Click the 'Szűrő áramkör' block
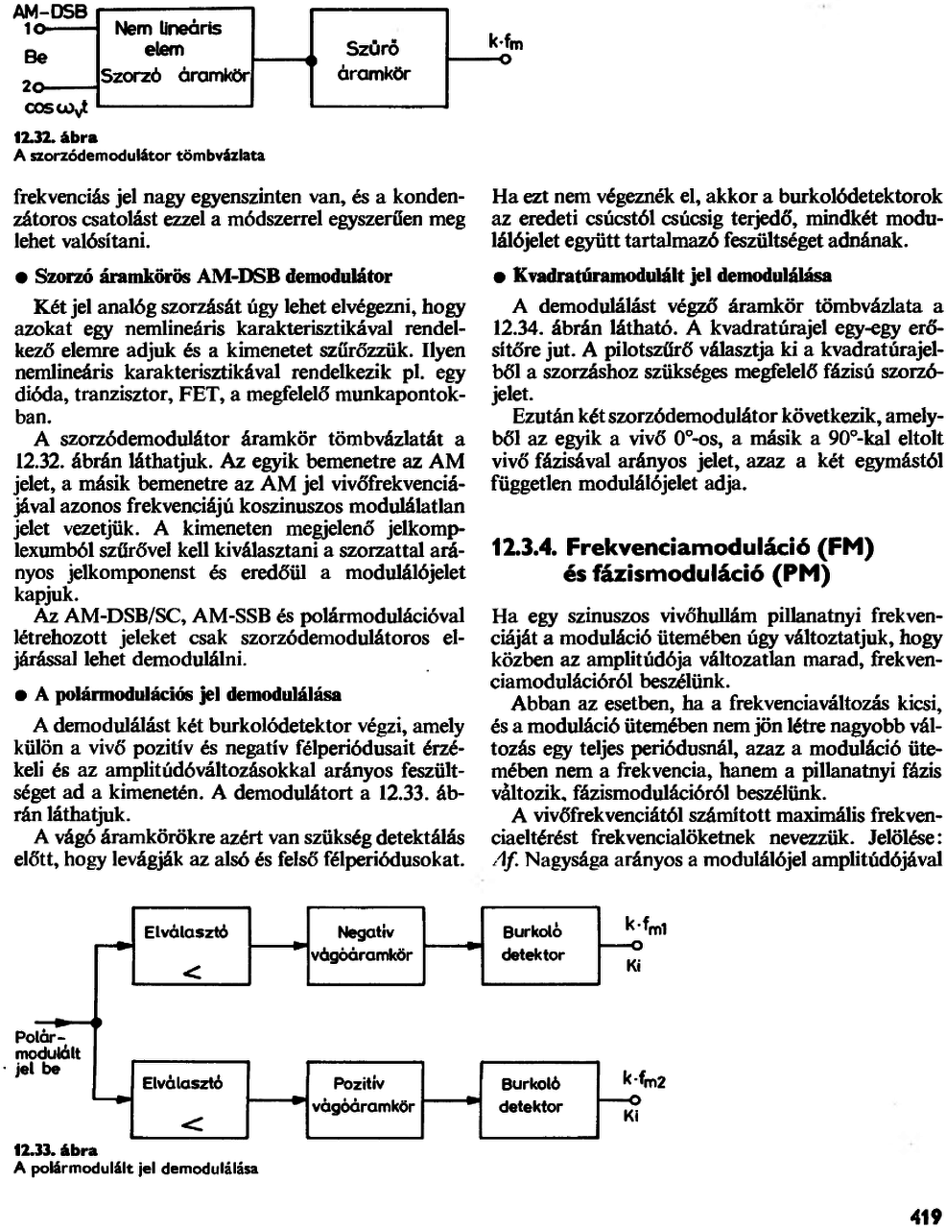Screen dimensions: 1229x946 coord(379,60)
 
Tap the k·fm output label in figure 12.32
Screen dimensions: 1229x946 coord(506,44)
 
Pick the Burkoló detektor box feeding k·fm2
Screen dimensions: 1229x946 coord(532,1096)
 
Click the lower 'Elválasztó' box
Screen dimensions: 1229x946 coord(184,1096)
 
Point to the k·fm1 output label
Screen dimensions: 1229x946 coord(645,926)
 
